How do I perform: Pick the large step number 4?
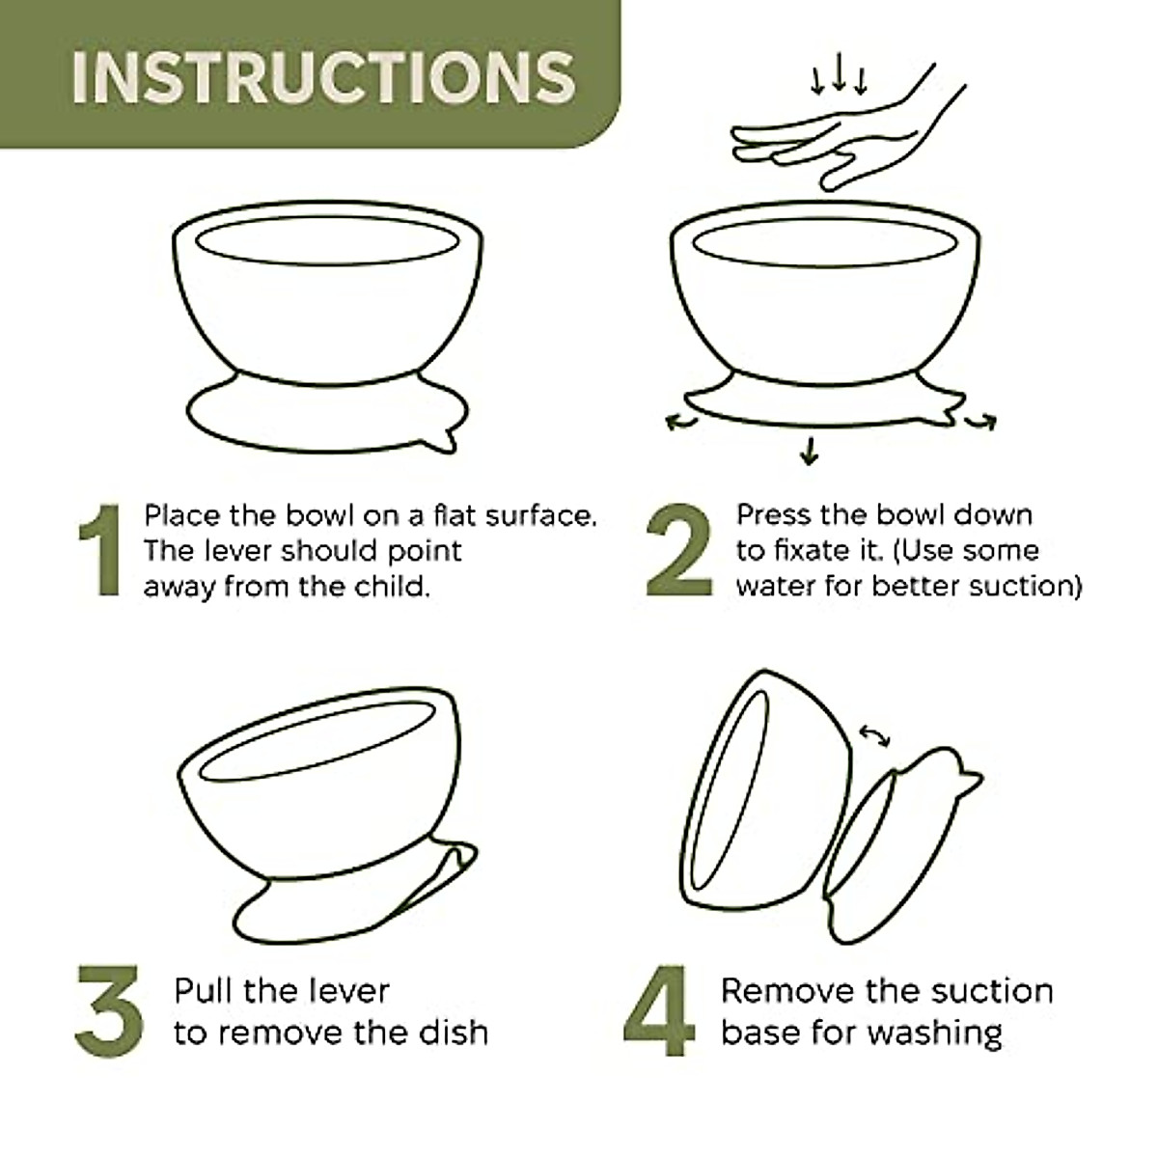660,1011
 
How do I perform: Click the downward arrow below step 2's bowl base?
809,450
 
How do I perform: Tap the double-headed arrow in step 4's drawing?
874,736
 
